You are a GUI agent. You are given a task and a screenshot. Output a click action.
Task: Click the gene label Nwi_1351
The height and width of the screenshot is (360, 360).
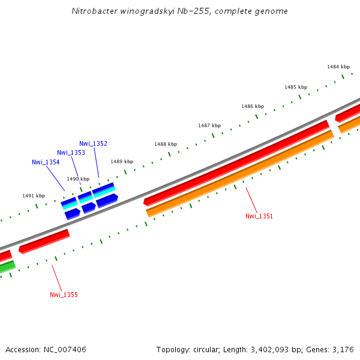(259, 216)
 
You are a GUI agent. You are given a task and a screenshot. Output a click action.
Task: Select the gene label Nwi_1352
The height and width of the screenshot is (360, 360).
(93, 143)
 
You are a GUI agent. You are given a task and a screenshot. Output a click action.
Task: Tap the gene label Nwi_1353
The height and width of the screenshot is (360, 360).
(71, 152)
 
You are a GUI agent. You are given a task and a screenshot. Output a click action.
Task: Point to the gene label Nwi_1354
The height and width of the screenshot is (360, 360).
(46, 162)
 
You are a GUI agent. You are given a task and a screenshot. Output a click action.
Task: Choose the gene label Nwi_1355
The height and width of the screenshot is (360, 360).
(64, 295)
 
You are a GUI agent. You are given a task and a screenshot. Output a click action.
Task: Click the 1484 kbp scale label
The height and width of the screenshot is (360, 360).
(338, 67)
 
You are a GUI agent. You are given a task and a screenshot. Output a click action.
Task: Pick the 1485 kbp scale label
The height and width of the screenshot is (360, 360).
(296, 87)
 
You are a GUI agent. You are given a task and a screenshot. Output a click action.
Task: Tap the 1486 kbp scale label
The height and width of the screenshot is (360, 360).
(253, 106)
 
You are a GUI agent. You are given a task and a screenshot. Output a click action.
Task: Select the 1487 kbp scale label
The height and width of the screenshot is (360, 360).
(209, 125)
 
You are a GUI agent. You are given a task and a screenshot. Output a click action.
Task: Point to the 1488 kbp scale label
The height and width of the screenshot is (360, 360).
(166, 144)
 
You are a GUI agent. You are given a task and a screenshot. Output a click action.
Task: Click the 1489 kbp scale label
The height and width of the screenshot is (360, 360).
(121, 161)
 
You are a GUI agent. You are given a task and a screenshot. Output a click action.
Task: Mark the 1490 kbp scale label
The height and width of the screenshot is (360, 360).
(77, 179)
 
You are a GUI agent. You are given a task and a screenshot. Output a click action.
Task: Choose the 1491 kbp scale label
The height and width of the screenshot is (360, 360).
(34, 196)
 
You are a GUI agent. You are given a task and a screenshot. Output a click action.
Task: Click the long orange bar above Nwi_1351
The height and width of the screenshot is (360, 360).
(240, 173)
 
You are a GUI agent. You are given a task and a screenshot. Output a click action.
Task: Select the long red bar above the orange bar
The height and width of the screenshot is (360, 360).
(237, 161)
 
